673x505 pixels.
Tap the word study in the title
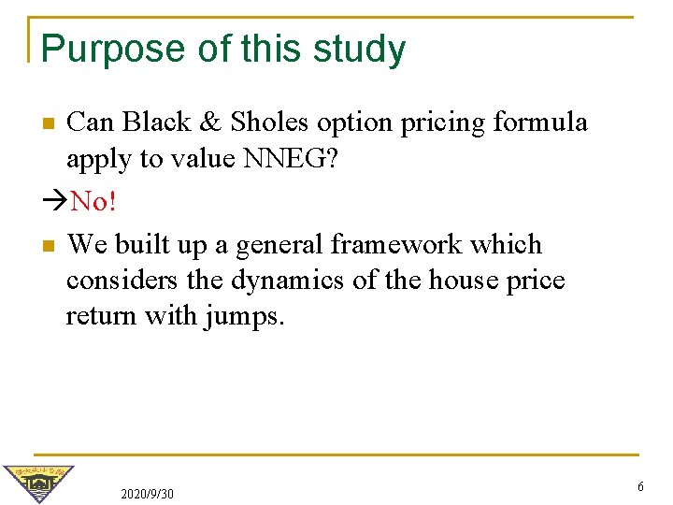(360, 50)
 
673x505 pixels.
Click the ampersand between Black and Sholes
(213, 123)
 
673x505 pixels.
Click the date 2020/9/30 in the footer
(148, 493)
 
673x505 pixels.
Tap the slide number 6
(640, 487)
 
